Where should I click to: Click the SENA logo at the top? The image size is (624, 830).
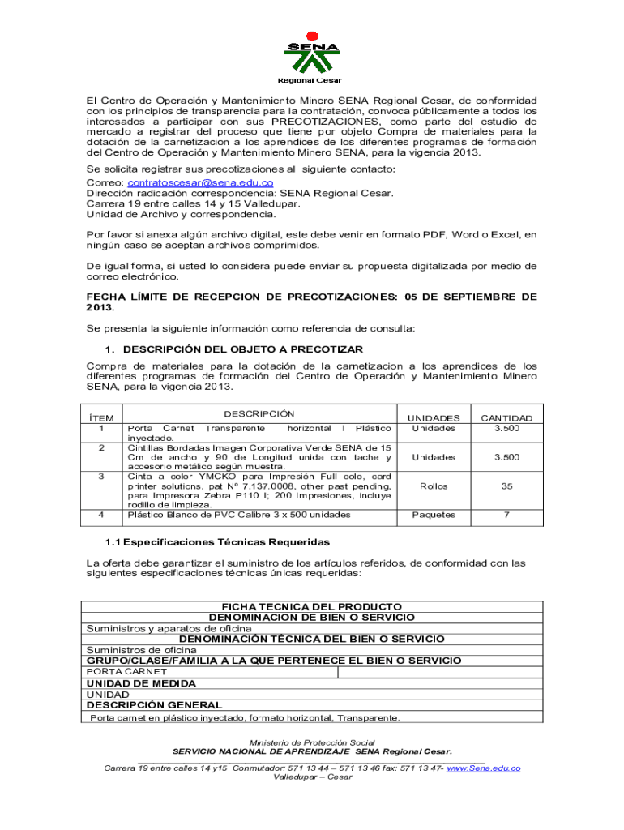coord(312,52)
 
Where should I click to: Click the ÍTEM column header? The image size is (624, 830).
coord(101,418)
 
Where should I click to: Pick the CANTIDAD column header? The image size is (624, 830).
coord(506,418)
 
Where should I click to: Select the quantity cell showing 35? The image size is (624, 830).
coord(506,486)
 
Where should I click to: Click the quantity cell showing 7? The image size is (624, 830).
coord(506,515)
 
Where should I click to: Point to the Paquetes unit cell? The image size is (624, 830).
coord(434,515)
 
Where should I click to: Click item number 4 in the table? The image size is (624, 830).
coord(101,515)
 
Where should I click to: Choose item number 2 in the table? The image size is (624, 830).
coord(101,447)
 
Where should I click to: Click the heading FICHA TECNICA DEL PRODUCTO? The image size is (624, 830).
coord(312,606)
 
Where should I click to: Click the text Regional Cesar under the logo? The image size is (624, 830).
coord(310,80)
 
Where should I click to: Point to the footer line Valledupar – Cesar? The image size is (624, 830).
coord(312,777)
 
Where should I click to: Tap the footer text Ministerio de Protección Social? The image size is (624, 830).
coord(312,742)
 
